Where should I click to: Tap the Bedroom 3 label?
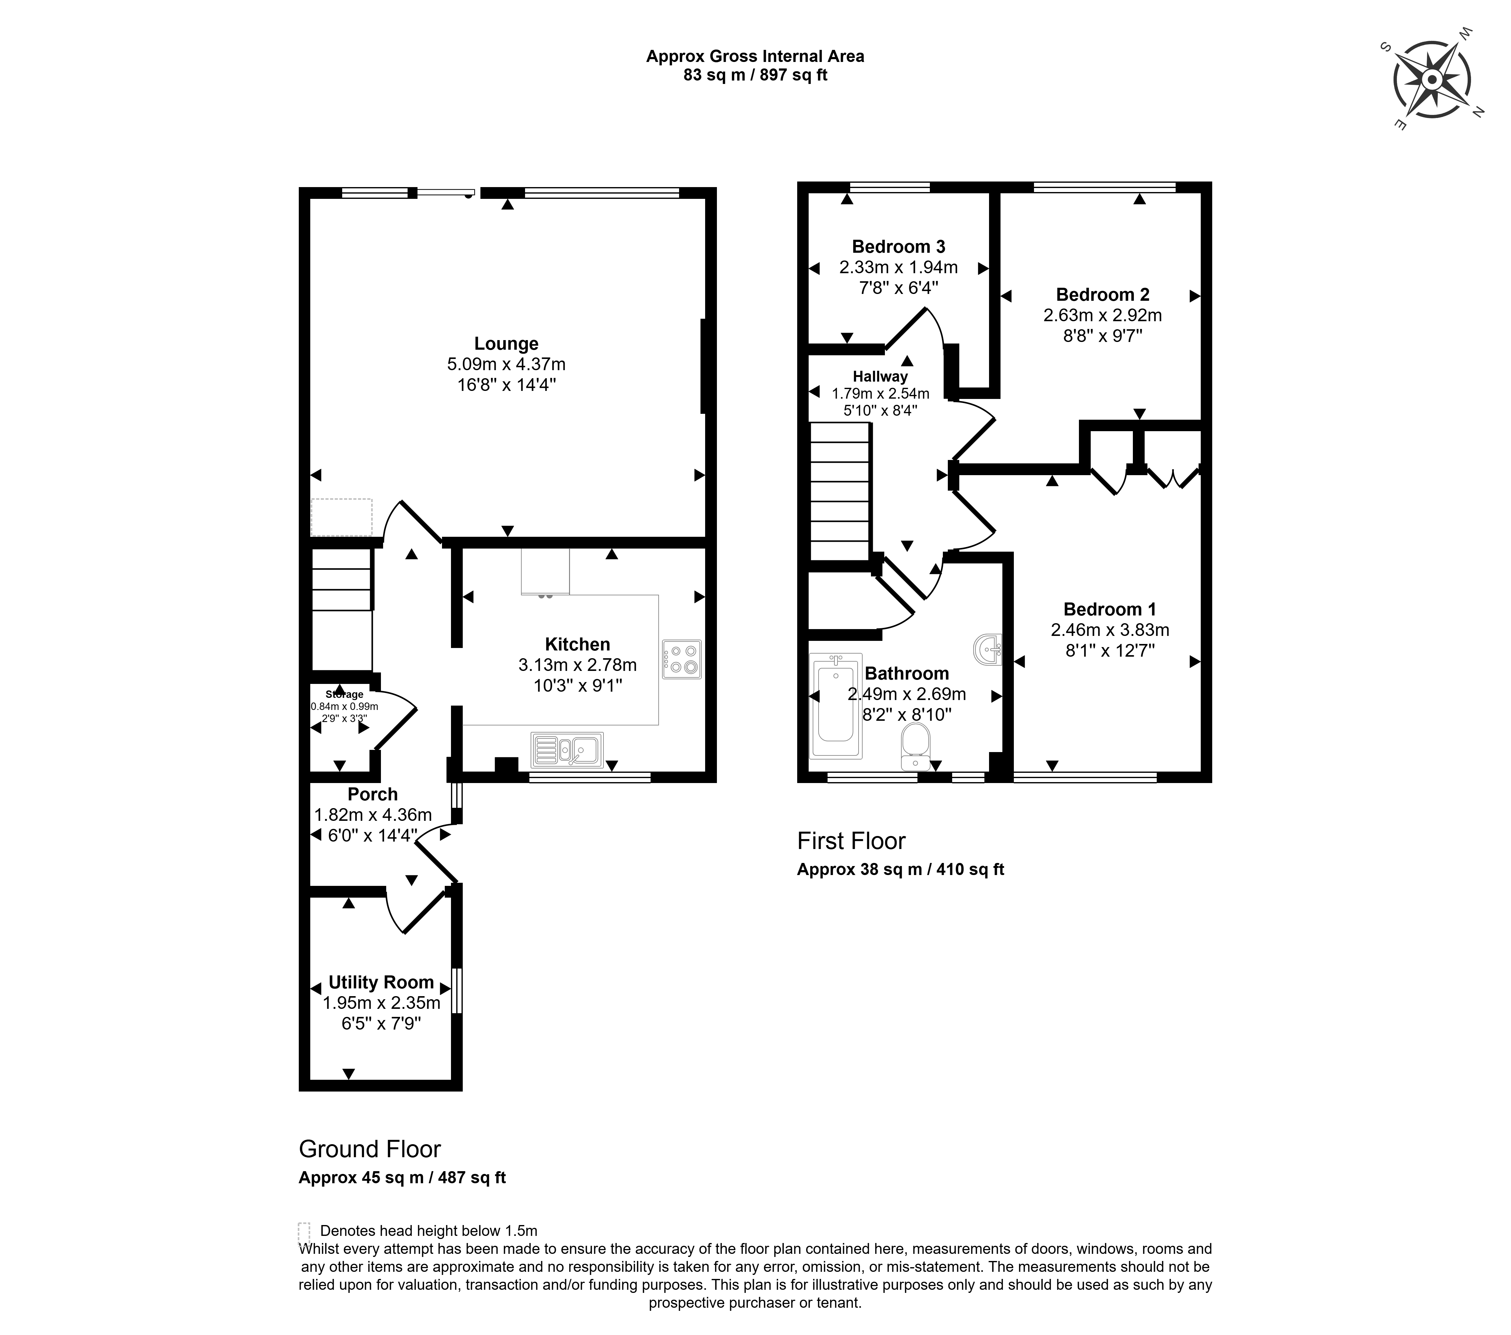(898, 247)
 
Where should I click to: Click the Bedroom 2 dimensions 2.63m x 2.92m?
(1102, 315)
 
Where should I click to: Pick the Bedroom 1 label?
(1109, 610)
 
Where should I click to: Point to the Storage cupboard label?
(344, 694)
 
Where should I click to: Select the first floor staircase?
(840, 491)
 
